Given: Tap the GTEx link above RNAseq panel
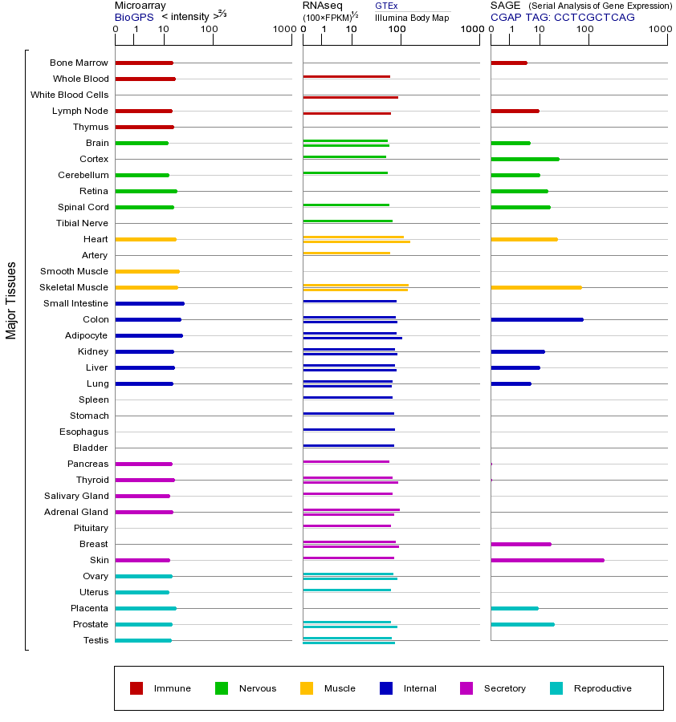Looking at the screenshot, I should [x=386, y=6].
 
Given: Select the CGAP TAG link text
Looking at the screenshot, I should [x=562, y=17].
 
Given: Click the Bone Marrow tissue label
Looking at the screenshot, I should [x=79, y=63].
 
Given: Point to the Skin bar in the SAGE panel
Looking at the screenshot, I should [x=547, y=560].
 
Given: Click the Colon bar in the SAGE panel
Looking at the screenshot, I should [x=536, y=319].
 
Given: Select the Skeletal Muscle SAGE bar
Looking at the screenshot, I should [x=536, y=287].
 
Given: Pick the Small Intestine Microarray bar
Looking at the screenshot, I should [x=149, y=303].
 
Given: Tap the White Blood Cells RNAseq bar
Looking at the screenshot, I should [x=350, y=97].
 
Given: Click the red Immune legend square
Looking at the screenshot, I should [x=136, y=688].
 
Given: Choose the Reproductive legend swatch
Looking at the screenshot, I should [x=556, y=688].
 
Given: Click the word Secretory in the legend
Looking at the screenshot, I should [x=505, y=688].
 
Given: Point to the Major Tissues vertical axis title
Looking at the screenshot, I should [x=11, y=300].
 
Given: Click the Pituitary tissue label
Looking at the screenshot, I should [x=91, y=528].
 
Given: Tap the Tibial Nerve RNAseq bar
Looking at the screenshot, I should [x=348, y=221].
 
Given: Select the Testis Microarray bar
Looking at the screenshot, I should [x=143, y=640].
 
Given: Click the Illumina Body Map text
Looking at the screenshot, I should [x=412, y=17].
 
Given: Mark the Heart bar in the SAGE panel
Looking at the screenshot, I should [x=523, y=239].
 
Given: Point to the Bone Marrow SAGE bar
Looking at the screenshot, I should [x=508, y=63].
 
